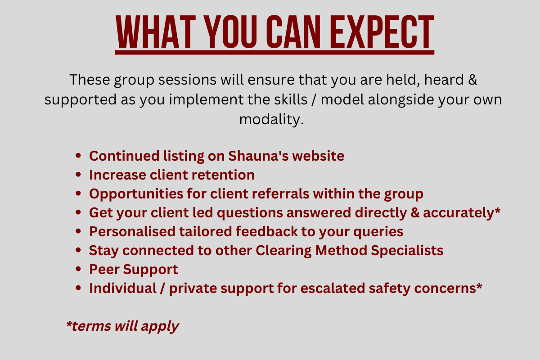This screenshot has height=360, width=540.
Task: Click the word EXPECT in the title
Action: coord(382,31)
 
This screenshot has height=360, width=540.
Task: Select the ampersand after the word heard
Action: coord(472,80)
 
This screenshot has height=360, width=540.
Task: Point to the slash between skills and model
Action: coord(314,99)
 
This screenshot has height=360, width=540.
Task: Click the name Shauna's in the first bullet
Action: coord(258,156)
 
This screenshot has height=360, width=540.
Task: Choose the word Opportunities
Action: coord(136,194)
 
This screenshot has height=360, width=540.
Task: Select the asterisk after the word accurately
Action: coord(497,210)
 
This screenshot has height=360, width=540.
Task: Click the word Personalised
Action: coord(132,231)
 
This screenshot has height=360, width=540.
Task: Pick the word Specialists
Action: coord(407,251)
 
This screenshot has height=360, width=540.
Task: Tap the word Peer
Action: coord(104,270)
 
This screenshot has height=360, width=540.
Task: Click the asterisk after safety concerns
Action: coord(479,286)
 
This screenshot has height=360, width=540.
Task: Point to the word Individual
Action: coord(123,288)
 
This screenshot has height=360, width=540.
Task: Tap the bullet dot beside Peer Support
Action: coord(78,269)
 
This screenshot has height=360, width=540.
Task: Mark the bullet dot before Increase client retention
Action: coord(78,175)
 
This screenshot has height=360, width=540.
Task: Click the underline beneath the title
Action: coord(274,52)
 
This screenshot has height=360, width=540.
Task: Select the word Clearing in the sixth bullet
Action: coord(283,251)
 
